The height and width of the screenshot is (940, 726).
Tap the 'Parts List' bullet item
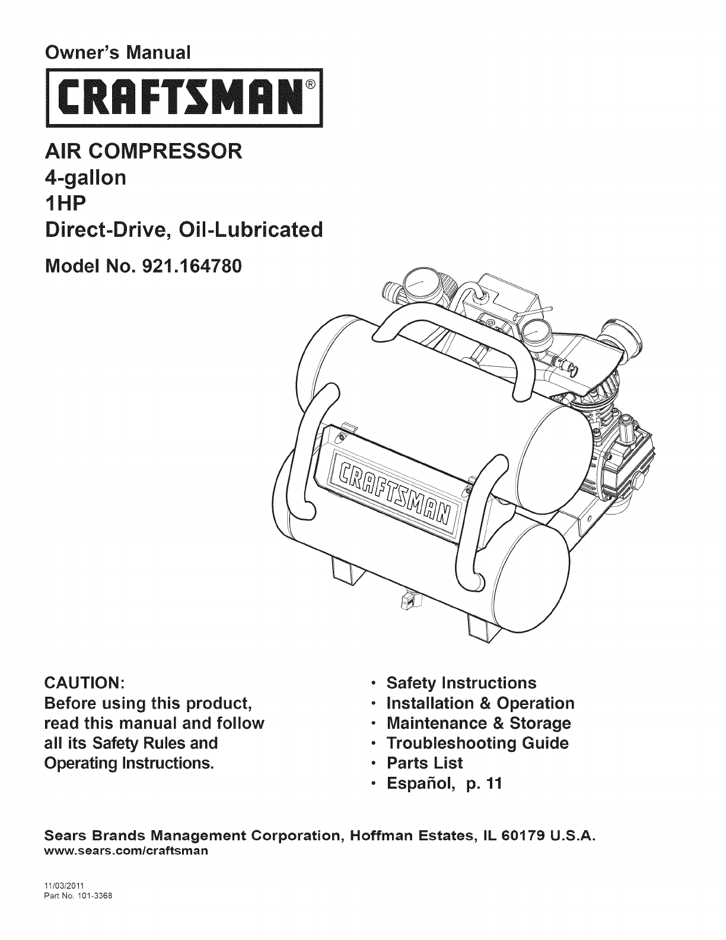(x=424, y=763)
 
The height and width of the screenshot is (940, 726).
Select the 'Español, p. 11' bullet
(x=444, y=783)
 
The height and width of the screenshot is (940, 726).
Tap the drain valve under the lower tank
(x=409, y=601)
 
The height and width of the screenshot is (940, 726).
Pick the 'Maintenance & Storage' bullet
(x=478, y=723)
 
